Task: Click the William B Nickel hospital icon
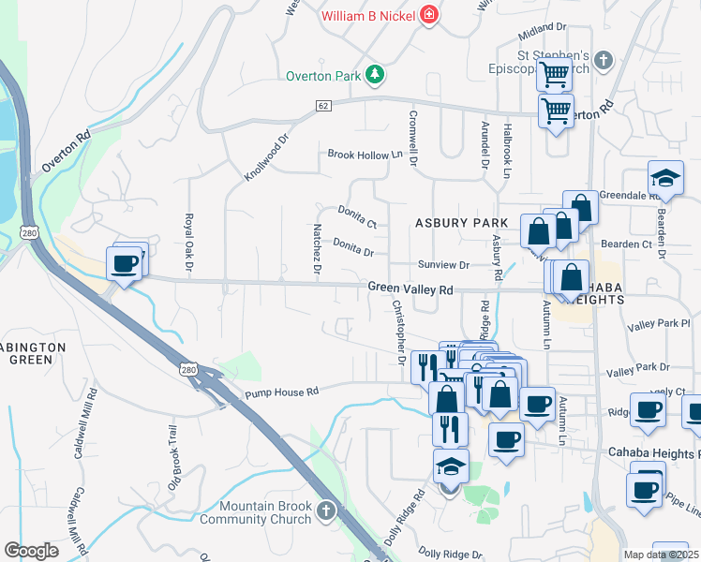click(x=428, y=15)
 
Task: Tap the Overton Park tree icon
click(x=375, y=74)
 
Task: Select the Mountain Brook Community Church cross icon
click(x=326, y=511)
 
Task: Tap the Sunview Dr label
click(x=443, y=265)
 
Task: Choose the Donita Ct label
click(x=357, y=217)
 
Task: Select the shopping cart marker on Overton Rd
click(x=556, y=111)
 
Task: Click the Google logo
click(x=31, y=551)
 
